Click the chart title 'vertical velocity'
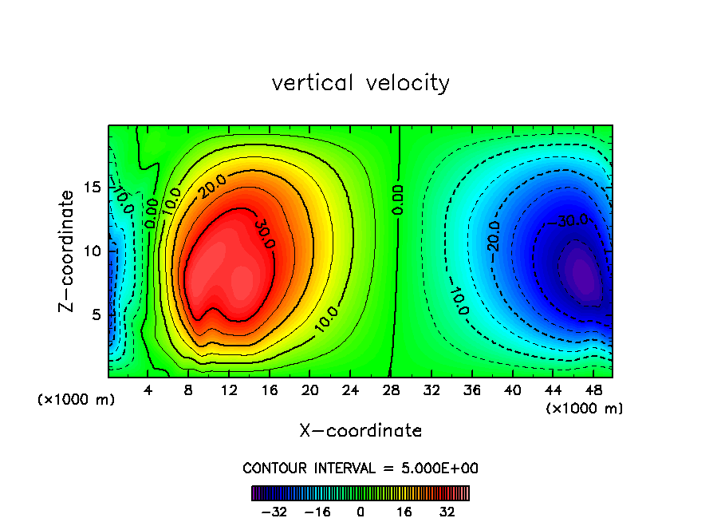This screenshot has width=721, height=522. pos(360,83)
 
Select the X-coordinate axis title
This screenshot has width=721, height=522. pos(360,431)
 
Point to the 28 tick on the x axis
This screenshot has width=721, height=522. pos(391,390)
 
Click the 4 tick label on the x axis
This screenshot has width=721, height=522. pos(148,390)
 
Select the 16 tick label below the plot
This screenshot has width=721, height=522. pos(270,390)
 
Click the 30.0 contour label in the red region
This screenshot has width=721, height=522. pos(264,232)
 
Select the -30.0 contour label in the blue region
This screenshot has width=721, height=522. pos(570,219)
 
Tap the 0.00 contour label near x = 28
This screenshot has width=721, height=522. pos(398,200)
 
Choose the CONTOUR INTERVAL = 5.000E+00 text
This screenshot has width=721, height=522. pos(360,468)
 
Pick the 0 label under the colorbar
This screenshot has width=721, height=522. pos(360,512)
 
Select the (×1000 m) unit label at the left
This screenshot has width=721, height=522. pos(77,400)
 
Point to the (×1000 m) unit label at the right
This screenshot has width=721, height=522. pos(584,409)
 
